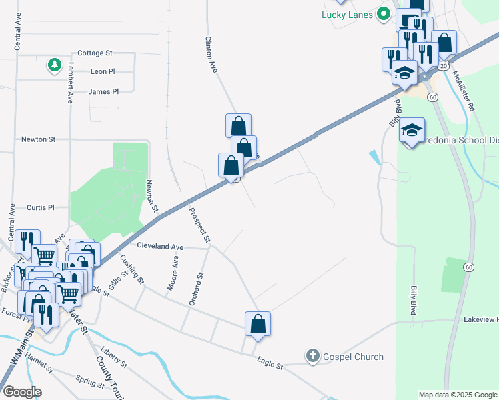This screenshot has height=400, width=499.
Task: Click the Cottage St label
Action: (x=95, y=52)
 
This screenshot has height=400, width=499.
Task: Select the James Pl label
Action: (x=103, y=91)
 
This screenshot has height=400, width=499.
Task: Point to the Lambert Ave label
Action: (x=69, y=82)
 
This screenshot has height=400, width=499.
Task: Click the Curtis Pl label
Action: (x=41, y=207)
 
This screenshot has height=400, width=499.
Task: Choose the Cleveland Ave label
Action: (x=160, y=246)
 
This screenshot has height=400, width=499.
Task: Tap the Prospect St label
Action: (x=200, y=226)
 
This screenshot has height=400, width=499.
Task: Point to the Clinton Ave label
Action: (x=211, y=55)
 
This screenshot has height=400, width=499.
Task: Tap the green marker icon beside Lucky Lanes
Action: (x=383, y=13)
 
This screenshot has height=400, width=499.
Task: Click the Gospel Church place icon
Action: (x=312, y=357)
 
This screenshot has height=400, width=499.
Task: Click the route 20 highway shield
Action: (x=443, y=65)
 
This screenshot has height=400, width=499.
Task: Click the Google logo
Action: (x=22, y=392)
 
